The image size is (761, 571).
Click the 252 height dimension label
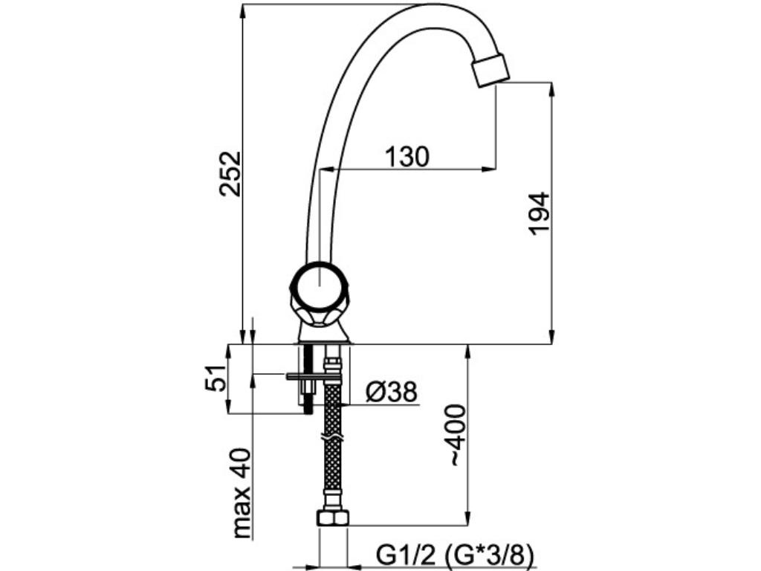click(230, 173)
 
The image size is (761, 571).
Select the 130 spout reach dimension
click(407, 157)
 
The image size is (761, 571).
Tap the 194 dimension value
click(539, 214)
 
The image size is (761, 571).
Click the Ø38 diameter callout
click(392, 391)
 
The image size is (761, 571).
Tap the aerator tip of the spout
click(490, 70)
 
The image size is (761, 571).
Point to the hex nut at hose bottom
click(332, 517)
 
